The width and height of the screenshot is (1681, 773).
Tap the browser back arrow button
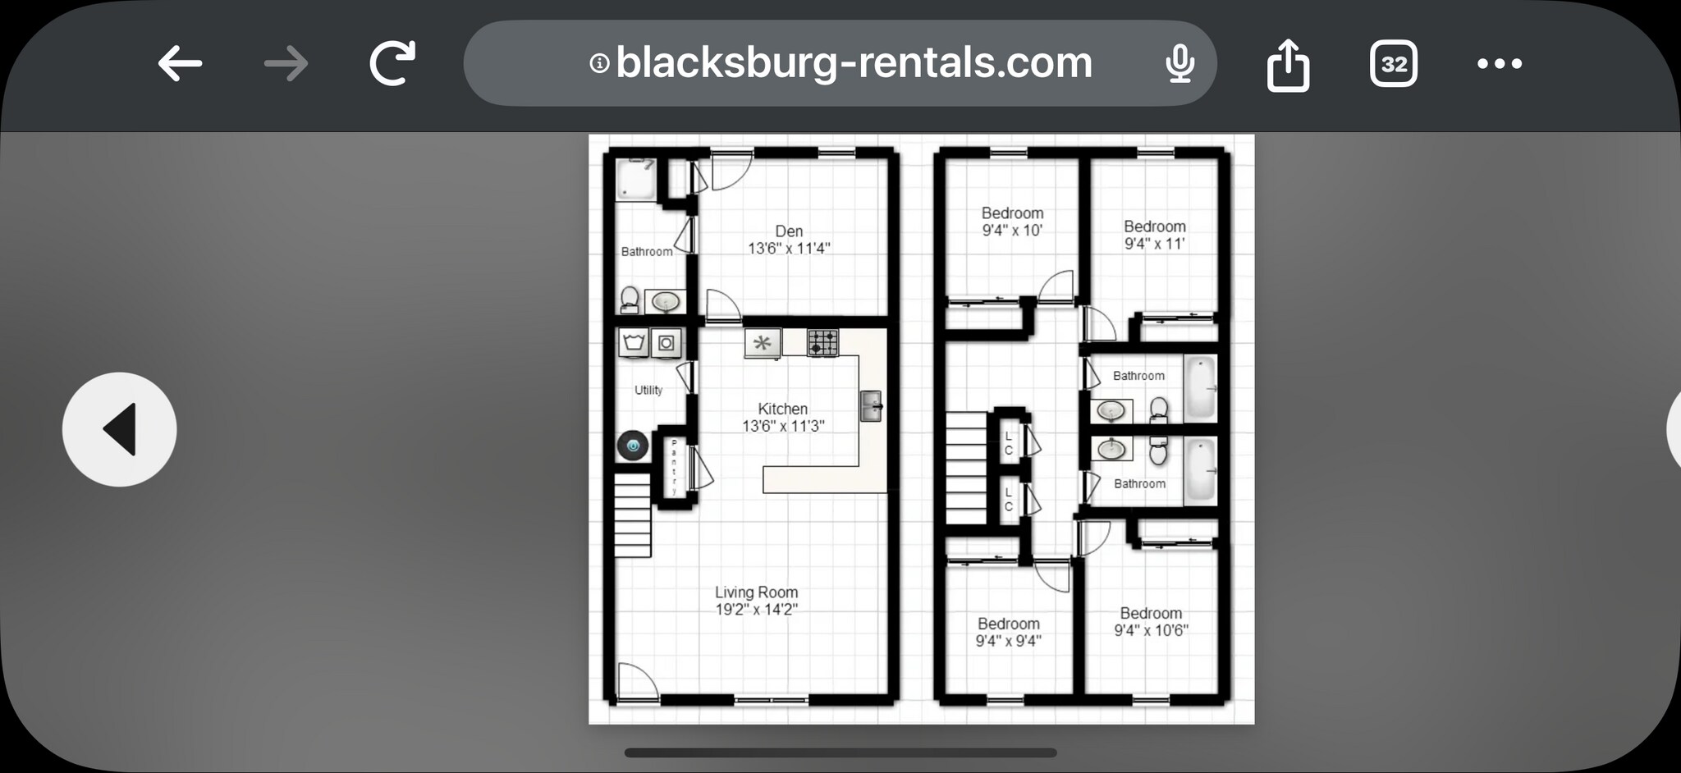click(180, 63)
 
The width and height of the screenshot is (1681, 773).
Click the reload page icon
click(392, 63)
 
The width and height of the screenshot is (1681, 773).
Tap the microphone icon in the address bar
click(1179, 63)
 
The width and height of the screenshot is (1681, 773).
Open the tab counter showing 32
click(1393, 63)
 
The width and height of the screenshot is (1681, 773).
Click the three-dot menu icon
click(1499, 63)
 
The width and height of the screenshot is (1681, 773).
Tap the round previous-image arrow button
click(120, 429)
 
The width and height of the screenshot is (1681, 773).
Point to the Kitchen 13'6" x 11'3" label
click(783, 417)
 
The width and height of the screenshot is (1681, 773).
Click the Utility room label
click(648, 390)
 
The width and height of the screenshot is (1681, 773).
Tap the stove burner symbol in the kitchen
click(822, 342)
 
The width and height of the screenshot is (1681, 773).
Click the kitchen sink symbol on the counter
click(870, 405)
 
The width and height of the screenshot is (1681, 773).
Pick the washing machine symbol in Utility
click(633, 342)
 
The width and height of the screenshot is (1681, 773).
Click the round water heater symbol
click(633, 446)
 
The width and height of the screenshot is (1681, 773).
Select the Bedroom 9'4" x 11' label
click(1155, 235)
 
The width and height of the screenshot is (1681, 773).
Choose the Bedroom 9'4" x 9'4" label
click(1008, 632)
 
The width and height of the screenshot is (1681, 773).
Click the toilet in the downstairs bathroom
click(630, 300)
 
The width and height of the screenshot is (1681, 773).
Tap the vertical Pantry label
click(674, 467)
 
